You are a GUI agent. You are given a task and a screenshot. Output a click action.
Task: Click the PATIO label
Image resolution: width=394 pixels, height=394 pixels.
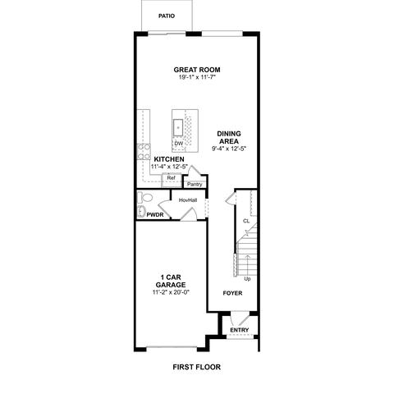(x=167, y=16)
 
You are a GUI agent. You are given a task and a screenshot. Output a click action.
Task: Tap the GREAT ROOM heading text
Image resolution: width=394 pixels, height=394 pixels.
(x=197, y=70)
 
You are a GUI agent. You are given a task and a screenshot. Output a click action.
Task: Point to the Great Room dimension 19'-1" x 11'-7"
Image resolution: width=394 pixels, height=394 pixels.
(x=197, y=77)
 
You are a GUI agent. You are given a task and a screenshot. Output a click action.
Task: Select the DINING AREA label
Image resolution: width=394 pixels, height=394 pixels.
(x=229, y=137)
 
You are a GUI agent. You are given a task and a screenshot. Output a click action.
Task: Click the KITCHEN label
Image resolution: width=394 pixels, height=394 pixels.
(x=169, y=159)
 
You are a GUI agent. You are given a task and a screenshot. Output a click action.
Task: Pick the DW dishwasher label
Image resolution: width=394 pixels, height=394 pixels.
(x=178, y=144)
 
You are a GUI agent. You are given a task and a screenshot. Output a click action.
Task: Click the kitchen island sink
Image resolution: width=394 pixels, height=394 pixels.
(x=178, y=127)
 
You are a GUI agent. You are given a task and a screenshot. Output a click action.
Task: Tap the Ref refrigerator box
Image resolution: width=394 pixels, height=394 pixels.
(x=172, y=180)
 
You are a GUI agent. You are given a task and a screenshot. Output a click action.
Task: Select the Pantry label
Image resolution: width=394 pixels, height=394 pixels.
(x=195, y=185)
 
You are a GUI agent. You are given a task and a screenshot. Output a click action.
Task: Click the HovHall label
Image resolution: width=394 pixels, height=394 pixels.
(x=188, y=200)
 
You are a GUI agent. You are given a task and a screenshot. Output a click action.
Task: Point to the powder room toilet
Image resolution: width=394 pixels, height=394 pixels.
(x=145, y=197)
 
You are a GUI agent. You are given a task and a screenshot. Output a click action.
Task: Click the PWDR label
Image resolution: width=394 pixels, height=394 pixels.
(x=155, y=215)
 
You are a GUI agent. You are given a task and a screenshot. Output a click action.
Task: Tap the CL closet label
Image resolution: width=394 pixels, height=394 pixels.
(x=246, y=221)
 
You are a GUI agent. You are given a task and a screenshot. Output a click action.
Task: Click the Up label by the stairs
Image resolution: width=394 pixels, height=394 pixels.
(x=247, y=279)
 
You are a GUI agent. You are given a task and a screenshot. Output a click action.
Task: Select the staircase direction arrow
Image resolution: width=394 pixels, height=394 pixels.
(x=247, y=265)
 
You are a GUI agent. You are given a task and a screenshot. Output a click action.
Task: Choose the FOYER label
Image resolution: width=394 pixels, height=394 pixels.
(x=232, y=293)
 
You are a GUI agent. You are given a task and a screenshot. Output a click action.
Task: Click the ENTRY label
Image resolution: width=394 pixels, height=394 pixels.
(x=240, y=330)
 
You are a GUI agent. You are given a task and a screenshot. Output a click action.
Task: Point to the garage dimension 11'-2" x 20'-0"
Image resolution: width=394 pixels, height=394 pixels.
(x=171, y=292)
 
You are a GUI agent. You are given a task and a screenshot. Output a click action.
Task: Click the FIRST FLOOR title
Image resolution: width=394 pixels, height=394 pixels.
(x=197, y=367)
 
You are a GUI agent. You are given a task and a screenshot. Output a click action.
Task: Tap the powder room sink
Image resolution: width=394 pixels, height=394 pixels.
(x=141, y=211)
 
